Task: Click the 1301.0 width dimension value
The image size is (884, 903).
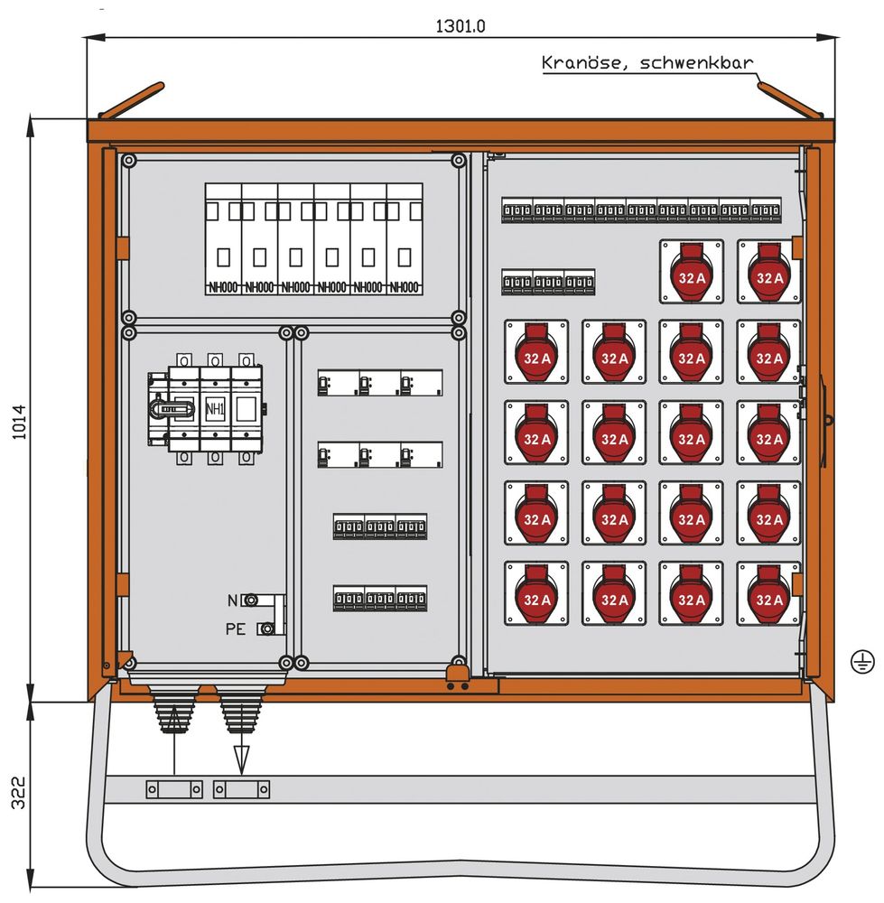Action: [461, 25]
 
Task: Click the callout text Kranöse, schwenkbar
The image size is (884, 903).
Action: [647, 63]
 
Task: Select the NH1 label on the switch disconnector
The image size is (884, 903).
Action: [215, 408]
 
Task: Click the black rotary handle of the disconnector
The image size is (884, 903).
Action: [172, 409]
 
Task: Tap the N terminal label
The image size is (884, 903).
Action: [232, 600]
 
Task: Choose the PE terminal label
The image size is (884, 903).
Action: [236, 628]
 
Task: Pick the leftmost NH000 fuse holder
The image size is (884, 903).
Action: [223, 239]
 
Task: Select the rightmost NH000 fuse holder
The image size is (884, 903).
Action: [405, 239]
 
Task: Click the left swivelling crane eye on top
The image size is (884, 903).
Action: [131, 101]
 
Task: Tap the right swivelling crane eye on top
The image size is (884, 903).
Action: [789, 101]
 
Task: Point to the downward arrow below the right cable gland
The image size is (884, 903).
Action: [241, 757]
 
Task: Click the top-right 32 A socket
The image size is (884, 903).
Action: [768, 271]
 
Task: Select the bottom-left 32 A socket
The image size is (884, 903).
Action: [536, 593]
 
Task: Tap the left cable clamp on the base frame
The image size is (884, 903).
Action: [173, 789]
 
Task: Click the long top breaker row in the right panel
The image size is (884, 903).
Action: [641, 211]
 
